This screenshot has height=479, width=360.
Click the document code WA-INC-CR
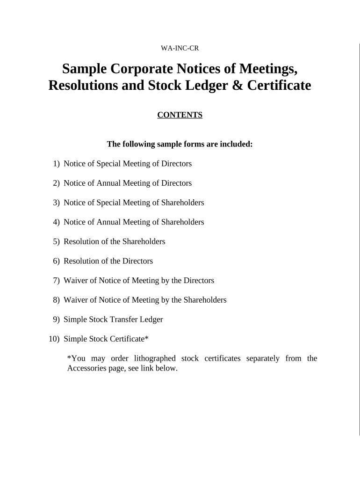[x=180, y=48]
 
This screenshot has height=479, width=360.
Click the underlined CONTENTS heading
[x=180, y=115]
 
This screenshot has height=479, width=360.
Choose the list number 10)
[x=54, y=339]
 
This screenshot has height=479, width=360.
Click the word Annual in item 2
[x=109, y=183]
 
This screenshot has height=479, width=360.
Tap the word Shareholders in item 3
[x=183, y=203]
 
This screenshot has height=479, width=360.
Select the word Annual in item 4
[x=109, y=222]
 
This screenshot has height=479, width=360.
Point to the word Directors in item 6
[x=137, y=261]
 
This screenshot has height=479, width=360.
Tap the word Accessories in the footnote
[x=86, y=368]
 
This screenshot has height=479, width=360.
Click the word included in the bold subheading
[x=234, y=144]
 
